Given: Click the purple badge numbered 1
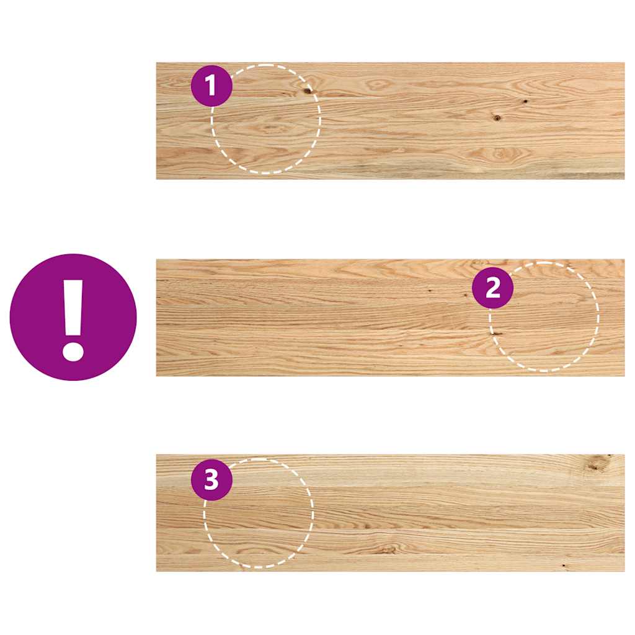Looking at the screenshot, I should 211,86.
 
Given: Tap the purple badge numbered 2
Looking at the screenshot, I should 492,288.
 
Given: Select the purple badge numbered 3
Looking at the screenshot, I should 211,479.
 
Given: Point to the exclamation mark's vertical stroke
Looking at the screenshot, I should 73,307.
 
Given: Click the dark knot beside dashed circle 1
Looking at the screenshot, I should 308,91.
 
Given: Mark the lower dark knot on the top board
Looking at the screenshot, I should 496,117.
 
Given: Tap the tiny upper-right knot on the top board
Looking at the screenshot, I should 525,101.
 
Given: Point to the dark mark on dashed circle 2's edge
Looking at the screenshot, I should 497,333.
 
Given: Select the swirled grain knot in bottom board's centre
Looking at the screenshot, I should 388,548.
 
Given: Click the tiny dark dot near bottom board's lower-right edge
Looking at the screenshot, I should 563,565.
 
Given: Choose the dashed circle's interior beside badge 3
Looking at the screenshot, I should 260,521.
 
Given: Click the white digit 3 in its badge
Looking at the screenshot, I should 211,479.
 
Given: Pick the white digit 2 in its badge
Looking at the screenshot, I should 492,288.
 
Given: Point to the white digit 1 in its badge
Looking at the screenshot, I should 211,86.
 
